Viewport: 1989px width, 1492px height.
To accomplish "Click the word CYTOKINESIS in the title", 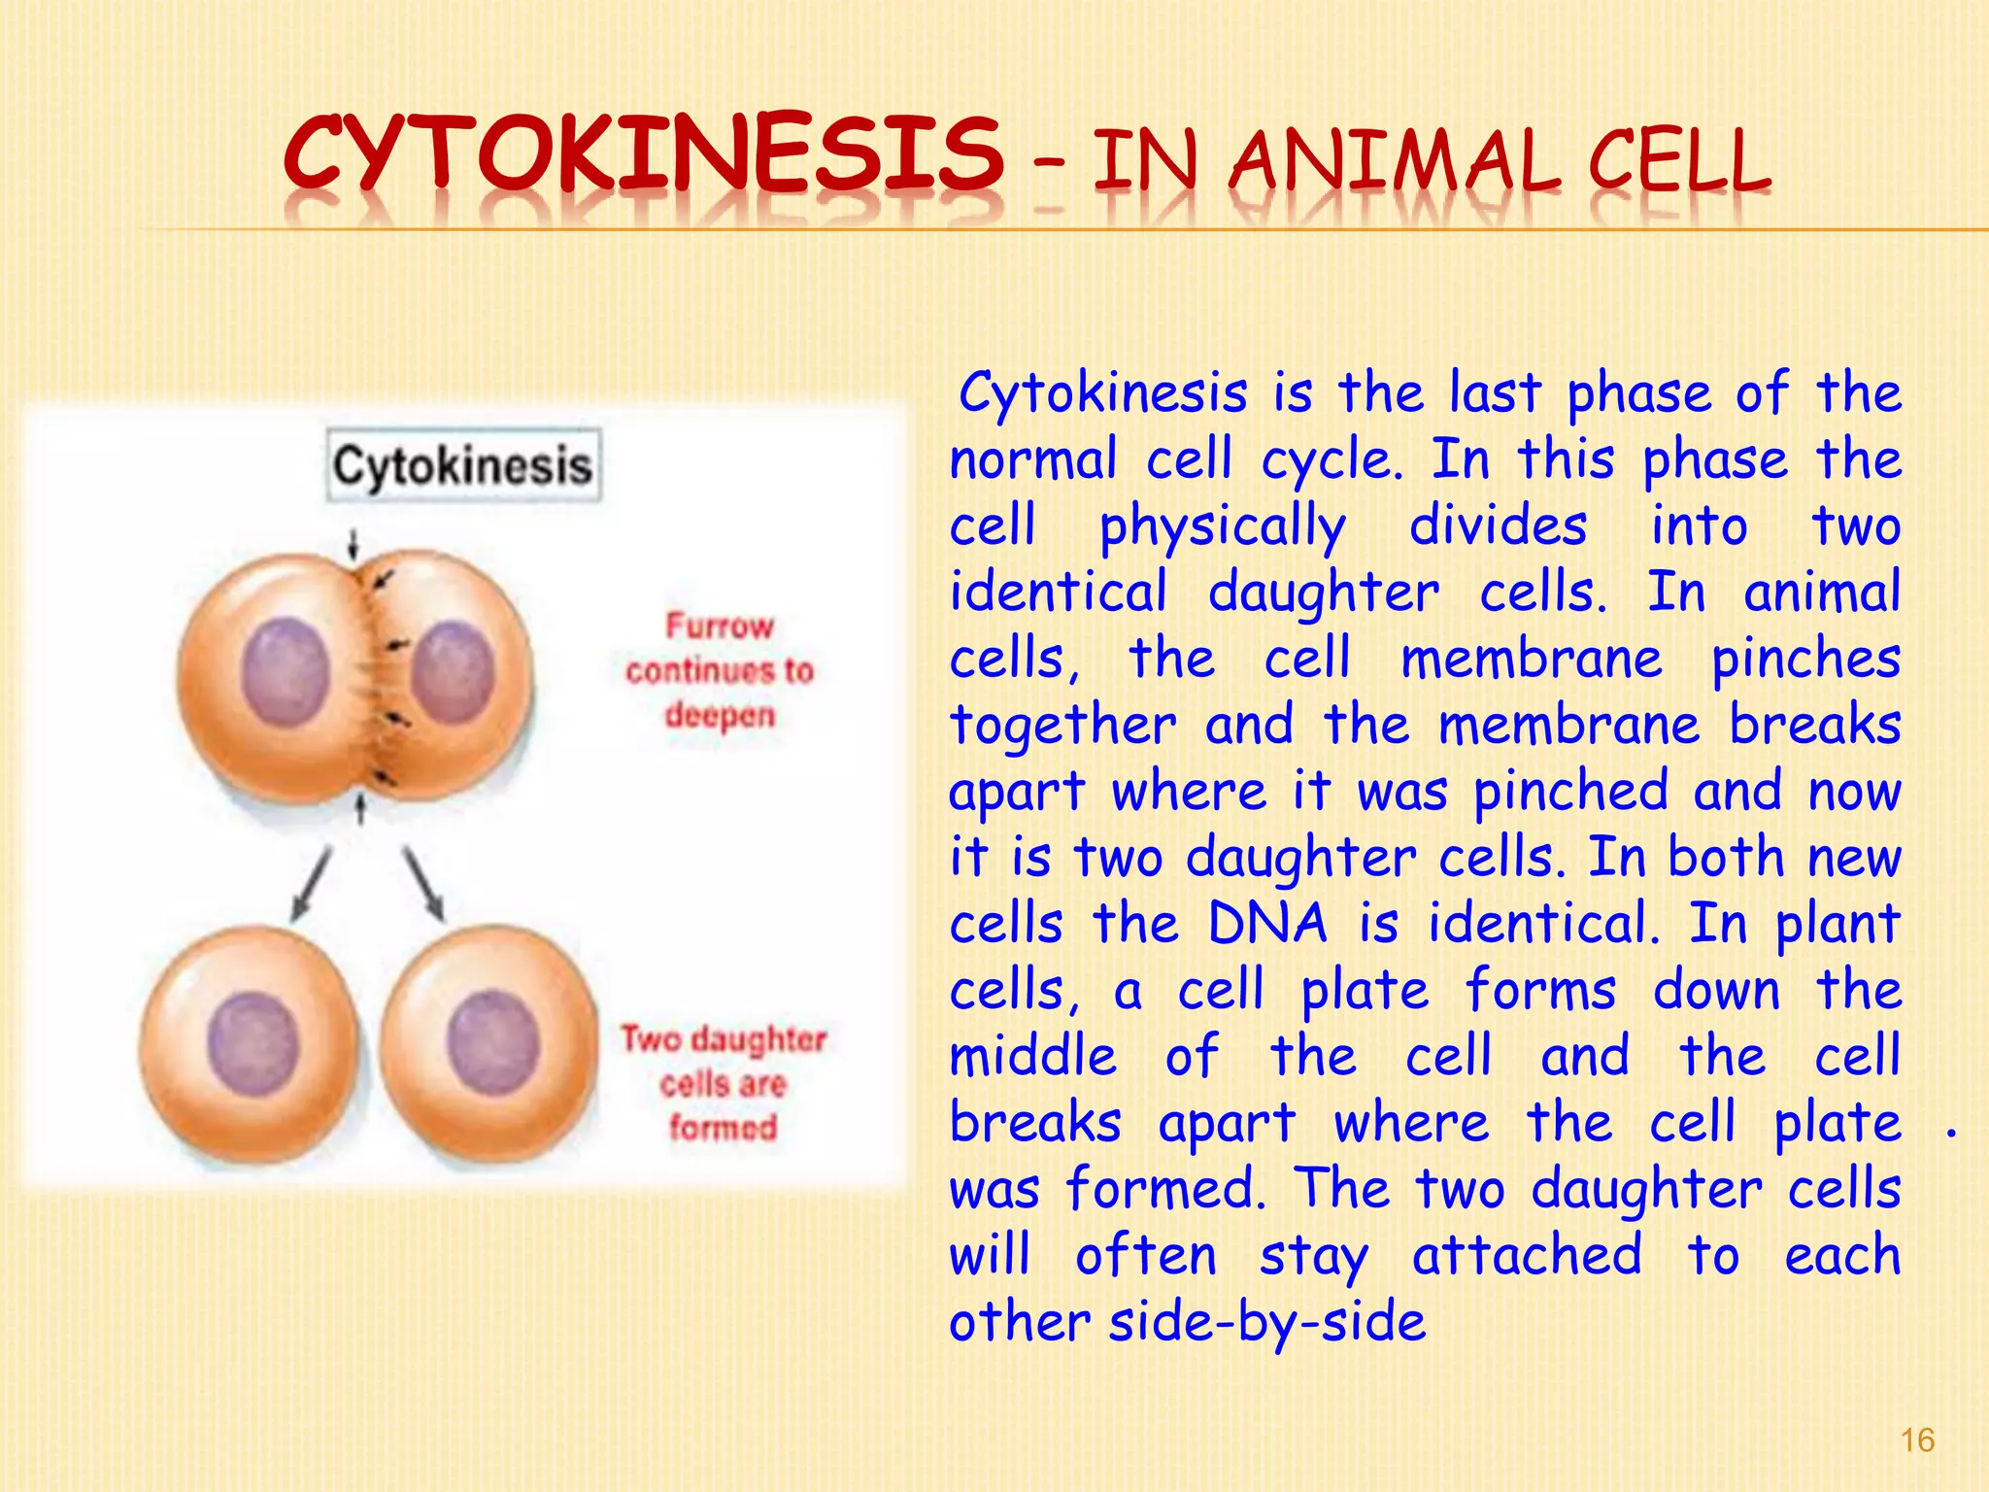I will pyautogui.click(x=643, y=155).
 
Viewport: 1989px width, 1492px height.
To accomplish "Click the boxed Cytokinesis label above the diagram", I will pyautogui.click(x=463, y=465).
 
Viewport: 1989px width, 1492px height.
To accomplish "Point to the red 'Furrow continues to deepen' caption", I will pyautogui.click(x=720, y=670).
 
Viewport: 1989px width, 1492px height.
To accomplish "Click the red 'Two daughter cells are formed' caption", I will pyautogui.click(x=724, y=1082).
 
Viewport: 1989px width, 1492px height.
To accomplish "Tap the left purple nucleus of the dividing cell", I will pyautogui.click(x=286, y=672).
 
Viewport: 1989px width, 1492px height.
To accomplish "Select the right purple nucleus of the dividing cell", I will pyautogui.click(x=453, y=672).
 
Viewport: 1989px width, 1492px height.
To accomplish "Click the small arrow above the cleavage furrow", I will pyautogui.click(x=354, y=545).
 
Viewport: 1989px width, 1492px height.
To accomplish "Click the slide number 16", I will pyautogui.click(x=1917, y=1440).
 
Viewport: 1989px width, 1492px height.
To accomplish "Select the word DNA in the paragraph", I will pyautogui.click(x=1266, y=923).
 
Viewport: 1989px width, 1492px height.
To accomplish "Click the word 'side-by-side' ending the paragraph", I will pyautogui.click(x=1267, y=1322).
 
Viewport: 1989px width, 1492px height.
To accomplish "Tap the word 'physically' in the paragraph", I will pyautogui.click(x=1222, y=527).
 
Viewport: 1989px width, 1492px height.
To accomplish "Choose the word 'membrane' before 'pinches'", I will pyautogui.click(x=1532, y=660).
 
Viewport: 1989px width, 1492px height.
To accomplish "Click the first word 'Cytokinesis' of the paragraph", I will pyautogui.click(x=1103, y=394).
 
